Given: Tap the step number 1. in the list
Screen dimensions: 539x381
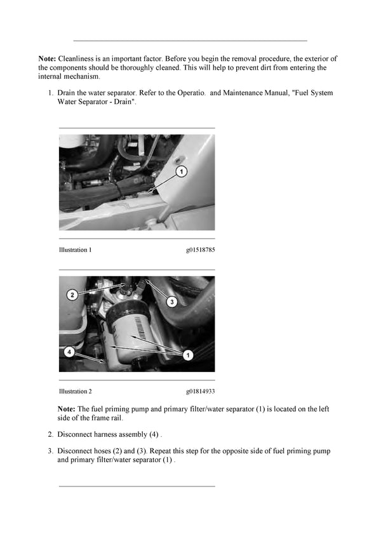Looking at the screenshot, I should coord(51,93).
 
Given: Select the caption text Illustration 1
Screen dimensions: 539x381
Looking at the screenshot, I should coord(75,250).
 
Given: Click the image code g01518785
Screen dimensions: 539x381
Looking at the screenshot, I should coord(200,250).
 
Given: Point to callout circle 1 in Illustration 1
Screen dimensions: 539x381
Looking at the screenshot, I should coord(181,171).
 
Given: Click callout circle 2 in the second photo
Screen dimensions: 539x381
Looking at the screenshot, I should coord(72,295).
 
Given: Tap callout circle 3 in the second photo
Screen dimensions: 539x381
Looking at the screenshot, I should coord(171,303).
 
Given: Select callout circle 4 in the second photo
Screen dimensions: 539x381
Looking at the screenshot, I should coord(70,350).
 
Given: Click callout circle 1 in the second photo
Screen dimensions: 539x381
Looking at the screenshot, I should coord(188,355).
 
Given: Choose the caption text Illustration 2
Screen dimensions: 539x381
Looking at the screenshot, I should coord(75,392).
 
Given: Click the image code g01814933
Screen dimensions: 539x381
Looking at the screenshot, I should coord(200,392).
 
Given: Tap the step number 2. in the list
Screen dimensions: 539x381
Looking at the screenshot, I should coord(51,435).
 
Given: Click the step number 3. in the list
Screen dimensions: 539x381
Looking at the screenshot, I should coord(51,451).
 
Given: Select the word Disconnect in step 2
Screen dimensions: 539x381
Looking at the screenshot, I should coord(74,435).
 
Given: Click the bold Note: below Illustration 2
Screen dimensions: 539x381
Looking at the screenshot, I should coord(67,409).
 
